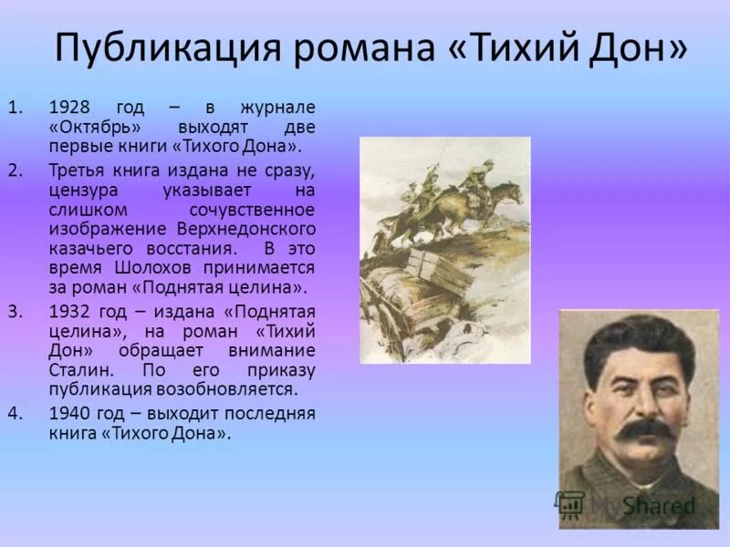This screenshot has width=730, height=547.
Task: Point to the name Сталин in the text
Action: [76, 370]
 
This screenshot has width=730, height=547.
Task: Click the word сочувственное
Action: [258, 208]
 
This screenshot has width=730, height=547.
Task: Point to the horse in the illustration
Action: [484, 196]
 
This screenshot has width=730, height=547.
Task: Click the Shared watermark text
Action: [659, 505]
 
